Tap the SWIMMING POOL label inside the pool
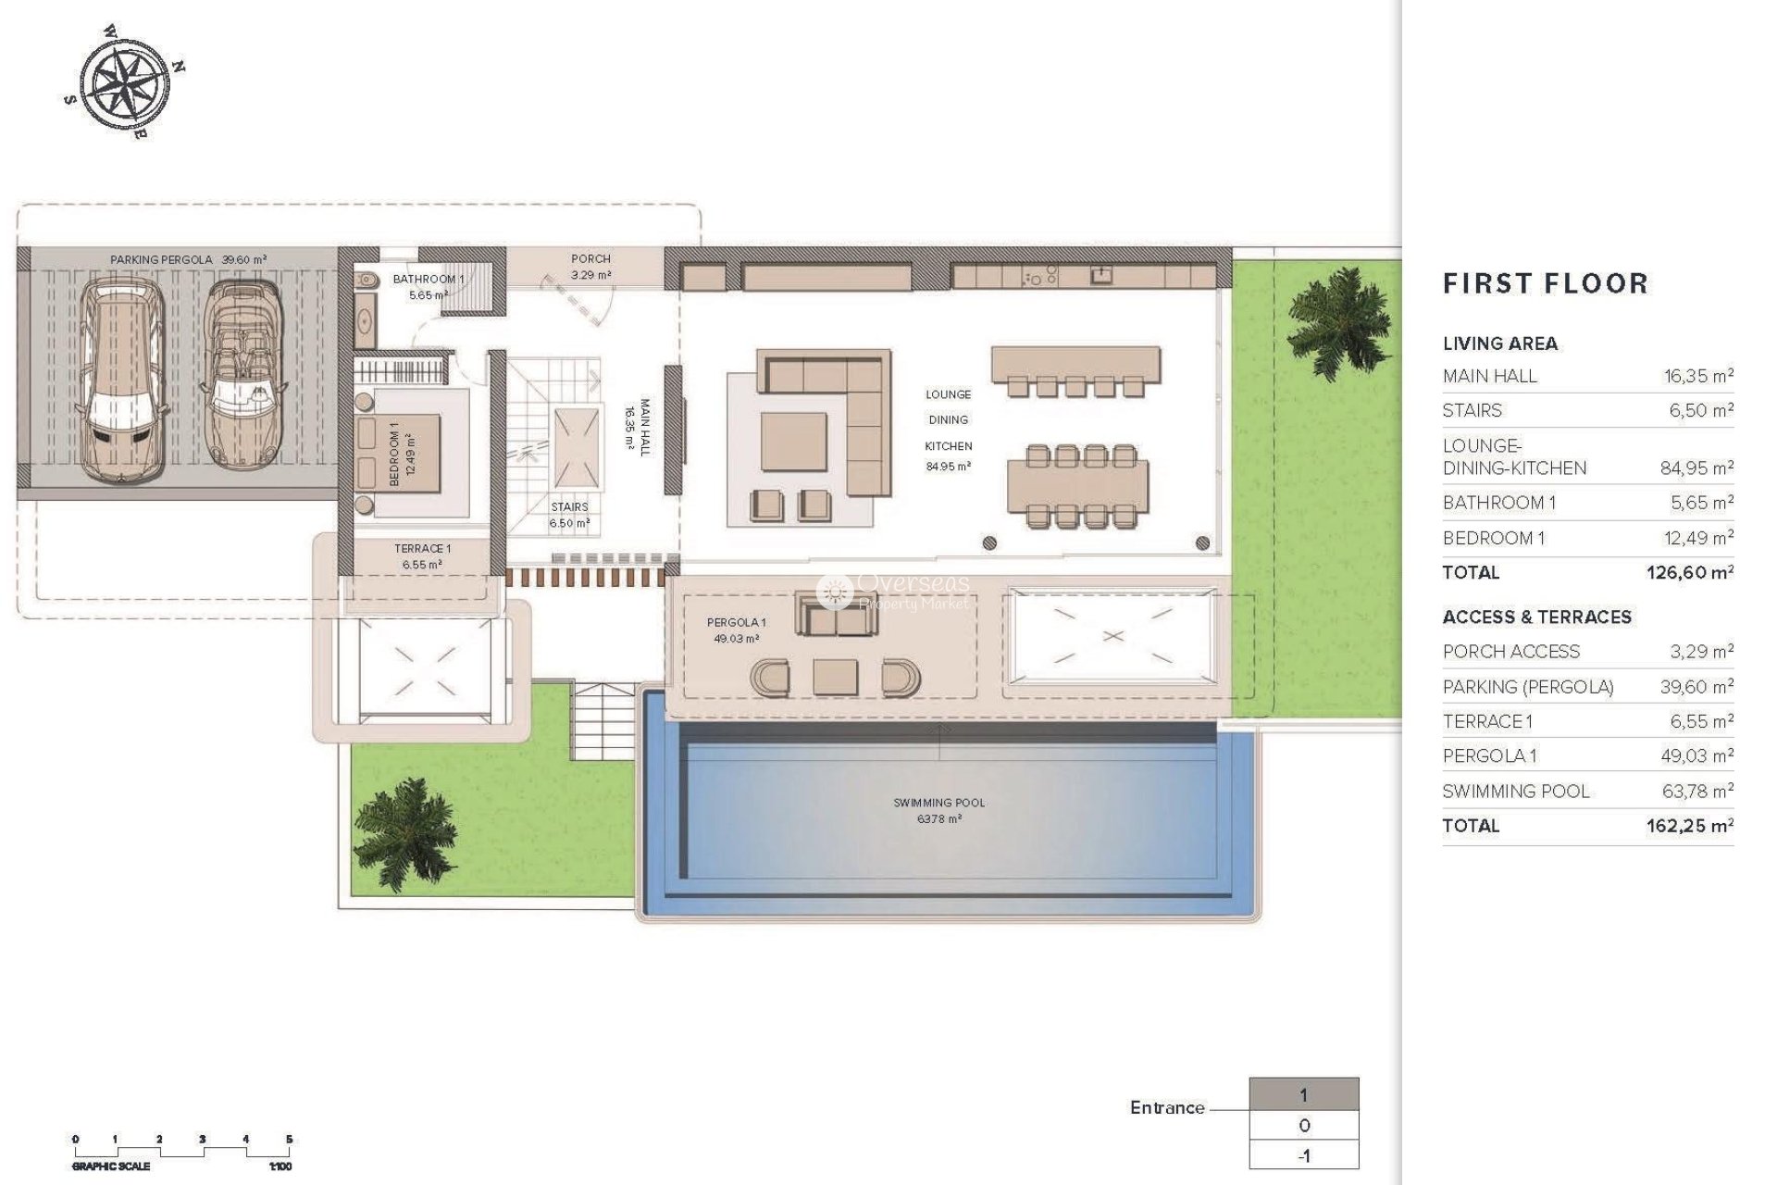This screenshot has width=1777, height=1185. coord(938,803)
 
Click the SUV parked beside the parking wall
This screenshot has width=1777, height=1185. coord(122,380)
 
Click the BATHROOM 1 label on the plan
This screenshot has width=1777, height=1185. coord(429,279)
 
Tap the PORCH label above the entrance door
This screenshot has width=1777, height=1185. coord(590,259)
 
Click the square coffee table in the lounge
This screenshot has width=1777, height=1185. coord(793,442)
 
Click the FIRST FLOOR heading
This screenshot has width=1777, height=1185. coord(1545,284)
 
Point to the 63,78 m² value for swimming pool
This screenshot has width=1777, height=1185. coord(1701,792)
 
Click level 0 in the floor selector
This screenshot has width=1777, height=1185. coord(1303,1126)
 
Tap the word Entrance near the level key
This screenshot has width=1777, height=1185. coord(1167,1107)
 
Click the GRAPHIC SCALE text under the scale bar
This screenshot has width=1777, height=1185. coord(111,1166)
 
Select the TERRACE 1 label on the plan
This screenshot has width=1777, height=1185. coord(422,549)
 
